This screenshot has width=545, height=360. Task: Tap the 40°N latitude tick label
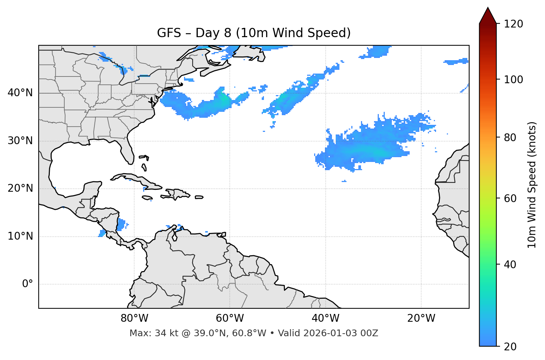click(20, 93)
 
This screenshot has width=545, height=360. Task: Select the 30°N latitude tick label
click(20, 141)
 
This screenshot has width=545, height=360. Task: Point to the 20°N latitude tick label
click(20, 188)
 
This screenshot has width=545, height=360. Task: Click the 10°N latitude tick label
click(20, 236)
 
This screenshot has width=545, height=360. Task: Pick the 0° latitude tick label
click(27, 284)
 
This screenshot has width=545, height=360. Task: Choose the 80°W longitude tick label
click(134, 318)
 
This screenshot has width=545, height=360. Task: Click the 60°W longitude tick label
click(230, 318)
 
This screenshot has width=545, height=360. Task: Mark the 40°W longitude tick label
click(325, 318)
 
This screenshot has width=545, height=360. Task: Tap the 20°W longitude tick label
click(421, 318)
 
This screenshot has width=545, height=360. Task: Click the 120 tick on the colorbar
click(513, 24)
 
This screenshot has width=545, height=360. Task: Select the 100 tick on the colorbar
click(513, 80)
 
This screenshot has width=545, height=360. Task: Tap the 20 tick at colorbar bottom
click(510, 347)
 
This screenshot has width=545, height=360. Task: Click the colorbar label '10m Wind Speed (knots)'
click(532, 185)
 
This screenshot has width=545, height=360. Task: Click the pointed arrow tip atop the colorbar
click(488, 9)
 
